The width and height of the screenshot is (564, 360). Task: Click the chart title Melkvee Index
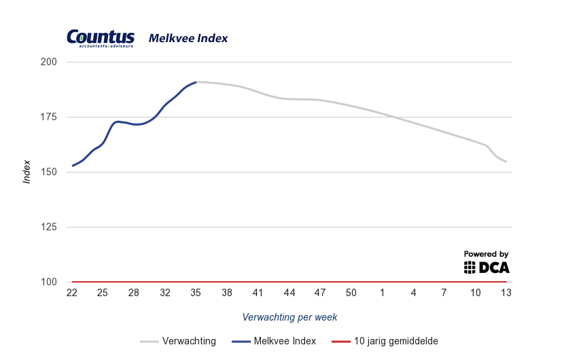pyautogui.click(x=188, y=39)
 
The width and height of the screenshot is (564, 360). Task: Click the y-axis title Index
pyautogui.click(x=27, y=172)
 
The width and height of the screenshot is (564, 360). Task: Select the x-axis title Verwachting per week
pyautogui.click(x=289, y=317)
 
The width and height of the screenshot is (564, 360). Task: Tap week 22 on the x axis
pyautogui.click(x=71, y=293)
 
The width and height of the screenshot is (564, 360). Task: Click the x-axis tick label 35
pyautogui.click(x=196, y=293)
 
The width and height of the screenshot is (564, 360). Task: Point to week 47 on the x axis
pyautogui.click(x=320, y=293)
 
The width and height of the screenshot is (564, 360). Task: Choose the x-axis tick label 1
pyautogui.click(x=383, y=293)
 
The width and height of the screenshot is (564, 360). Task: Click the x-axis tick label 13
pyautogui.click(x=506, y=293)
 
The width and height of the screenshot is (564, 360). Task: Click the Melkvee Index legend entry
pyautogui.click(x=275, y=341)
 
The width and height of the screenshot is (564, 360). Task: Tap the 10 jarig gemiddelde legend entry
pyautogui.click(x=389, y=341)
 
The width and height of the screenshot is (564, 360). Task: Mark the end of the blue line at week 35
pyautogui.click(x=196, y=82)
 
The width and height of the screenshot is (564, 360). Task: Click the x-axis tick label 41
pyautogui.click(x=258, y=293)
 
